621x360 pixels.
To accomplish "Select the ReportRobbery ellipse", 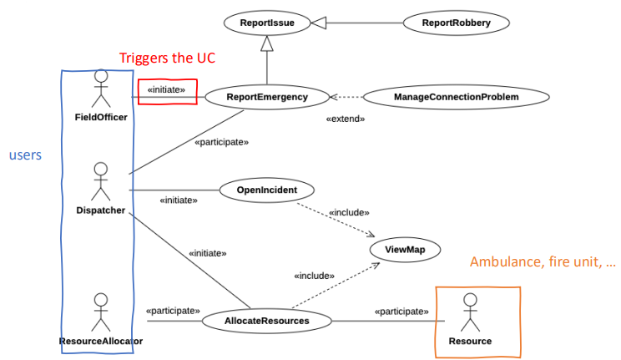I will tap(456, 23).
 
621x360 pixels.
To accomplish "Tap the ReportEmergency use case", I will tap(266, 98).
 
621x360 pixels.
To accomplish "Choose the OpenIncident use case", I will tap(266, 190).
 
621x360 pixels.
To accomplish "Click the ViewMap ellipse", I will tap(403, 249).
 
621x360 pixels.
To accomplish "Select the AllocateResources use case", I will tap(267, 320).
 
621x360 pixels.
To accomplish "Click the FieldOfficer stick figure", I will tap(101, 88).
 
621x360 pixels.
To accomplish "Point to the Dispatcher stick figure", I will tap(101, 180).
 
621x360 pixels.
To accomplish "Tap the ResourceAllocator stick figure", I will tap(101, 312).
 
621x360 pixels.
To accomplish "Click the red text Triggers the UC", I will tap(167, 58).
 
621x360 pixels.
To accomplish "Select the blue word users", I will tap(25, 155).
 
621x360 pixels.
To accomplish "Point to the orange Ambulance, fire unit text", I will tap(543, 262).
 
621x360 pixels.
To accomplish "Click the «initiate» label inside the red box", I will tap(166, 89).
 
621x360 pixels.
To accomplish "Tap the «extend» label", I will tap(345, 119).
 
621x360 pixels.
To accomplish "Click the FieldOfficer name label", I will tap(101, 117).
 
